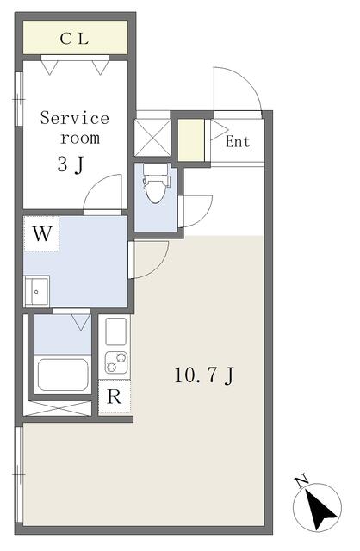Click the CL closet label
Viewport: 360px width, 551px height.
coord(74,39)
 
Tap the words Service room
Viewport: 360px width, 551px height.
coord(75,127)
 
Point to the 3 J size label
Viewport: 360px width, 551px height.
coord(71,164)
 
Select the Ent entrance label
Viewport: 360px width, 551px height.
coord(238,142)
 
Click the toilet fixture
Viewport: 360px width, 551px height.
coord(156,183)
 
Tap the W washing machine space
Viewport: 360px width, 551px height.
coord(42,233)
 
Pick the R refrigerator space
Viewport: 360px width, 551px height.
coord(115,396)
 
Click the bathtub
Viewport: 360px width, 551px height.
coord(63,375)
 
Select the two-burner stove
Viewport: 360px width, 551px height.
coord(116,363)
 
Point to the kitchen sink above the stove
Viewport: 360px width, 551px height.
coord(115,331)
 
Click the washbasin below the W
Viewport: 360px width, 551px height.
coord(36,291)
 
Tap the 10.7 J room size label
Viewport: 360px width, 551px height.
coord(204,375)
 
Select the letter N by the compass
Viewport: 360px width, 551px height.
coord(301,482)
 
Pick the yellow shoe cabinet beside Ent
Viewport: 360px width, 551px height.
coord(191,139)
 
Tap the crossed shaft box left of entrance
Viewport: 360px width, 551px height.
coord(152,138)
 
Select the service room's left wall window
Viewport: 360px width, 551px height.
coord(19,99)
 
